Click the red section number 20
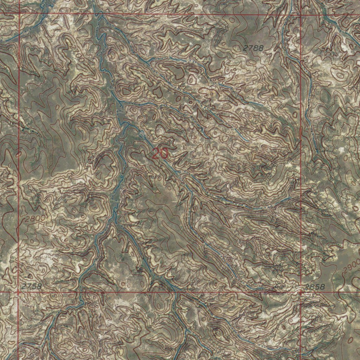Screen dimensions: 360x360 (160, 154)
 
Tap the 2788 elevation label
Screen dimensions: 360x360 (253, 49)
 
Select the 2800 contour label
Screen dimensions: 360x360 (35, 218)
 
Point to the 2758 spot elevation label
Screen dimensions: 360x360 (31, 286)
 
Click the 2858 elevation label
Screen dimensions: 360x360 (315, 287)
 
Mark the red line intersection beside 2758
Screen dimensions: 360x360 (18, 292)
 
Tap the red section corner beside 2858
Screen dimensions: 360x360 (301, 292)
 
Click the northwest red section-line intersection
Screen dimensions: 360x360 (19, 13)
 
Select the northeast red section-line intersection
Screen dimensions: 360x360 (301, 15)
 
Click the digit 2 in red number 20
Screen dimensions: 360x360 (156, 154)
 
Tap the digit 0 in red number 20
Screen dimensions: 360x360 (164, 154)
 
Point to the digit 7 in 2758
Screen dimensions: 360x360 (28, 286)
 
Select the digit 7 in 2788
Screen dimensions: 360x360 (250, 49)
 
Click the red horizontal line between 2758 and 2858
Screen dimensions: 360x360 (158, 292)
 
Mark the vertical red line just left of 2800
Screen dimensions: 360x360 (18, 218)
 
